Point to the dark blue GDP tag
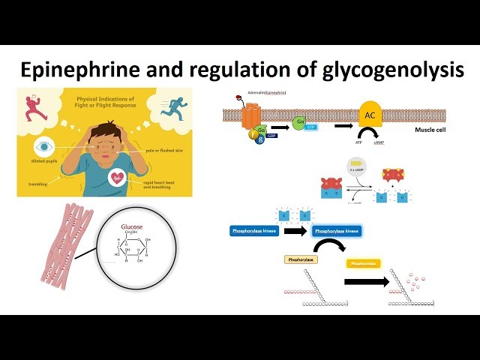(x=272, y=135)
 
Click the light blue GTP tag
(x=310, y=128)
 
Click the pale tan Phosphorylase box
(x=300, y=259)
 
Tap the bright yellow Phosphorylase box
(x=363, y=263)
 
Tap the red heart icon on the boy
(x=117, y=178)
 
